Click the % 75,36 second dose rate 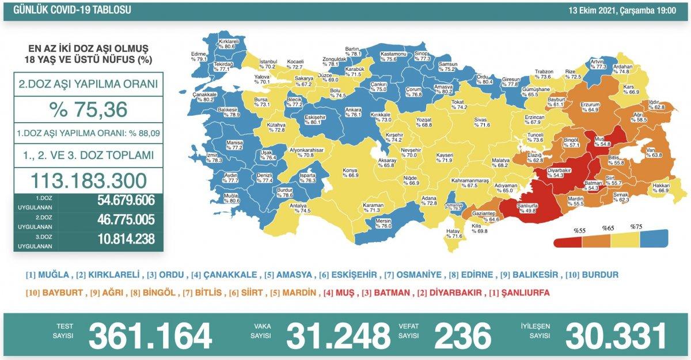(x=88, y=110)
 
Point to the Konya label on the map (x=350, y=172)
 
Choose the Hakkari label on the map (x=660, y=187)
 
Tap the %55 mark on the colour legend (x=579, y=230)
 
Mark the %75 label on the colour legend (x=636, y=227)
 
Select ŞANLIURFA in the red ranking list (x=524, y=293)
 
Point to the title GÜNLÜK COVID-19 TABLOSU (x=68, y=10)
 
